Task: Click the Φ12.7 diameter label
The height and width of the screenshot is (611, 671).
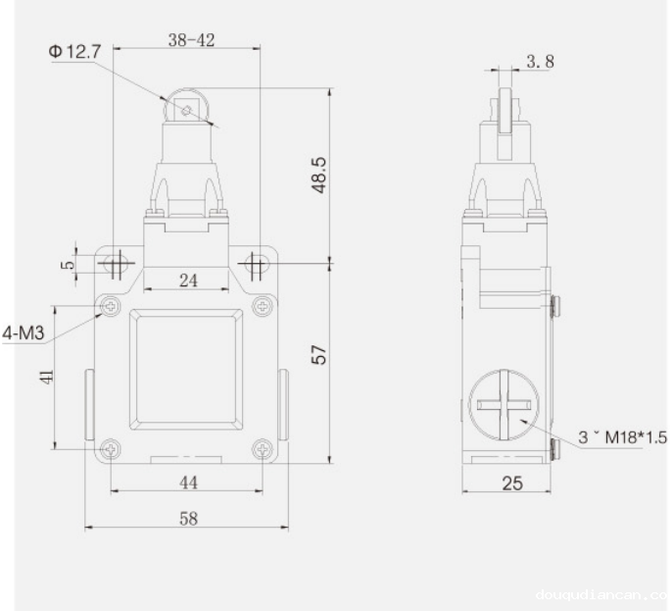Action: [72, 51]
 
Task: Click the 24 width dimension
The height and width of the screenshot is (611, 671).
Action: [188, 280]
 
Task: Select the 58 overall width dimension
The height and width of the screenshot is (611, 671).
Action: [186, 519]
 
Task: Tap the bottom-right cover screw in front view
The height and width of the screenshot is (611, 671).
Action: [262, 449]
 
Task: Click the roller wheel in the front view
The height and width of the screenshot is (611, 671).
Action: [187, 110]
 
